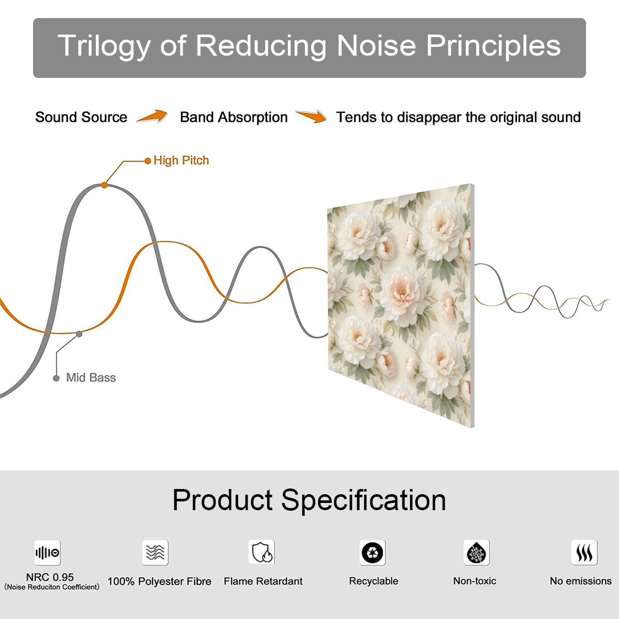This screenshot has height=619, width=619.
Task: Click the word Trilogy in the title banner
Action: (104, 46)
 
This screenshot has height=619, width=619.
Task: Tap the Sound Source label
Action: (82, 117)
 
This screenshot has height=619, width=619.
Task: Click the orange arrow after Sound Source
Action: (152, 116)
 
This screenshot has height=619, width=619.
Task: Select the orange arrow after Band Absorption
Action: (311, 116)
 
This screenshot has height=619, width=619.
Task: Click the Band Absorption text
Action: (234, 117)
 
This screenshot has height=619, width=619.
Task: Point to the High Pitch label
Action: (181, 160)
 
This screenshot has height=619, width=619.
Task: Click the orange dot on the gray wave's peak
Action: (104, 185)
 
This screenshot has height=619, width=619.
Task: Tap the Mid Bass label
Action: (91, 378)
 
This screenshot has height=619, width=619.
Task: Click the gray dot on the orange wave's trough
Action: (79, 334)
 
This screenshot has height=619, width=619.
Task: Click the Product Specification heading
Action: (309, 500)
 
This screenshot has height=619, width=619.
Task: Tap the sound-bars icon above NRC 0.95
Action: (47, 552)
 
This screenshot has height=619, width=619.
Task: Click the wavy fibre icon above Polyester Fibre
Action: (155, 552)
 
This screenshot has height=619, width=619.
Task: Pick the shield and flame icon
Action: (262, 552)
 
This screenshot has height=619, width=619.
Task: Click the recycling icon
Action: (372, 552)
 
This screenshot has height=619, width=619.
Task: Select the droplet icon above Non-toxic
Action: (477, 552)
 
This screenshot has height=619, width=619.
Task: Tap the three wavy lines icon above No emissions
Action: (584, 552)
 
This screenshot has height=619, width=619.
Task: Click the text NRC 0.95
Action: (50, 577)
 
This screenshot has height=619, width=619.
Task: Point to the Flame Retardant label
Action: (263, 581)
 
